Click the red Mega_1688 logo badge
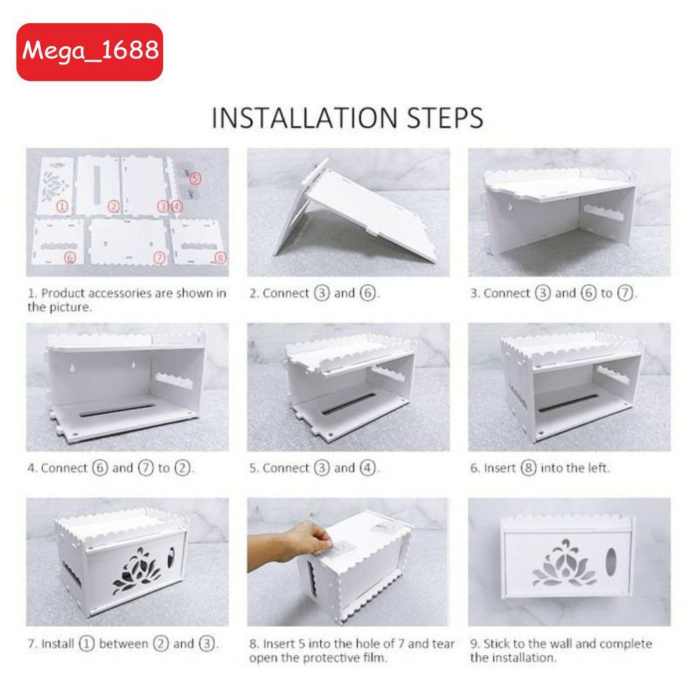tap(90, 52)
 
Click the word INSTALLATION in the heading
tap(304, 118)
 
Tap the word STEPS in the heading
tap(445, 118)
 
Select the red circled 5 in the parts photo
tap(195, 179)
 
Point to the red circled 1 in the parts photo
tap(62, 207)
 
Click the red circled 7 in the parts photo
tap(159, 258)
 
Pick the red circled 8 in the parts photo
tap(221, 258)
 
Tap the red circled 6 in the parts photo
tap(70, 258)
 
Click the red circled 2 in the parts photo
tap(114, 207)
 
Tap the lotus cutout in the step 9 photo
tap(563, 563)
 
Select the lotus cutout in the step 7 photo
tap(137, 572)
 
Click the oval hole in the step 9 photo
tap(611, 562)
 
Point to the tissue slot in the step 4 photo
tap(117, 411)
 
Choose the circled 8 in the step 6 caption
tap(528, 468)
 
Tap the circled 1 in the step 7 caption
tap(86, 644)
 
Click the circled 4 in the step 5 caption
tap(367, 468)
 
